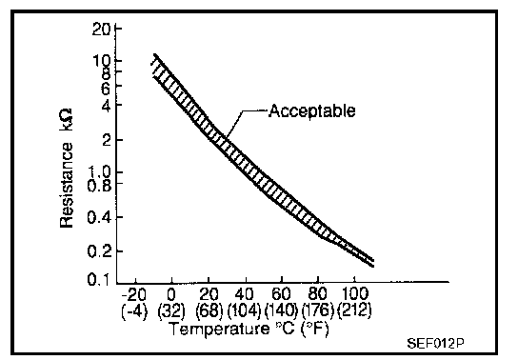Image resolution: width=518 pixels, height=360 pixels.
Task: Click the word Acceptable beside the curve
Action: [x=312, y=111]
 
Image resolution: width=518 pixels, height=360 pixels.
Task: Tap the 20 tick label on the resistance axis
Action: [x=101, y=30]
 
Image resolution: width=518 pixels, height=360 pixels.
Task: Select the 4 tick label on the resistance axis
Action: [x=106, y=105]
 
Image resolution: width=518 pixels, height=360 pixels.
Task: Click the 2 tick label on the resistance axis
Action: [x=107, y=140]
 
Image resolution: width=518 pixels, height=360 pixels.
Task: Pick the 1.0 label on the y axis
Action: [x=99, y=172]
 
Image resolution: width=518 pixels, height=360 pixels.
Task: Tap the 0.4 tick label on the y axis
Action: [x=99, y=218]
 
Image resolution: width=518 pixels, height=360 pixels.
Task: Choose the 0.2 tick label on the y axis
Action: [x=99, y=251]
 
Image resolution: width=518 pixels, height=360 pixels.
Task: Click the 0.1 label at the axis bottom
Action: [x=98, y=280]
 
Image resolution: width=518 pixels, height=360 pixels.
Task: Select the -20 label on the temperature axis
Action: [x=134, y=294]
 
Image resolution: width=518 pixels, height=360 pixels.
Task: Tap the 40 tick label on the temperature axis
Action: [x=245, y=294]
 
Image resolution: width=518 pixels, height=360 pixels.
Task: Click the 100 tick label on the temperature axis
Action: [x=354, y=293]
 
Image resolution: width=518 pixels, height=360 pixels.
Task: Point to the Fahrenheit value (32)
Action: [x=171, y=310]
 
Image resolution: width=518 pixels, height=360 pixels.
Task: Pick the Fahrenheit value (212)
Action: [x=354, y=310]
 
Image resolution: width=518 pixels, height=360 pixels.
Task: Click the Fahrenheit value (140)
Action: [x=281, y=310]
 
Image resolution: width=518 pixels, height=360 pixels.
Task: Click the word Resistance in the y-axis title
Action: [x=67, y=186]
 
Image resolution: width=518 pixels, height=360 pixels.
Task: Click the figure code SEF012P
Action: [x=435, y=344]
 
